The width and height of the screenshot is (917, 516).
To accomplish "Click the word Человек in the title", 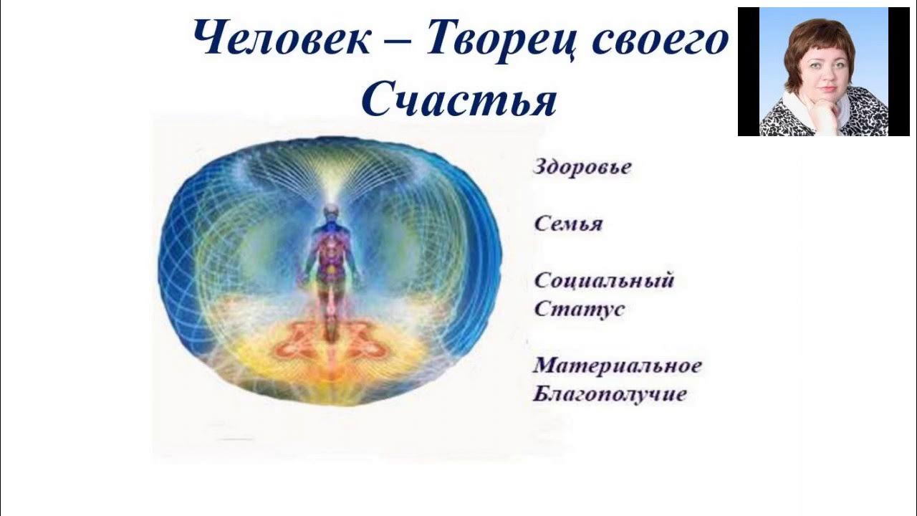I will [x=282, y=40].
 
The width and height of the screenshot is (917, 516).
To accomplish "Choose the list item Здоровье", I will [x=582, y=168].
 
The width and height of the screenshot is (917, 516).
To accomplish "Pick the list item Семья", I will [x=568, y=224].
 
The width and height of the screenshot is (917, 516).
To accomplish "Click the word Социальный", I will [x=604, y=280].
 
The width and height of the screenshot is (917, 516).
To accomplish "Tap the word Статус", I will [x=579, y=310].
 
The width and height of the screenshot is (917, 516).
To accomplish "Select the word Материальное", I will [x=617, y=365].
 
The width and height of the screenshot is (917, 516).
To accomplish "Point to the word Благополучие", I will [x=610, y=394].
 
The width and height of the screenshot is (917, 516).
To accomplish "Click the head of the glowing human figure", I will [x=330, y=212].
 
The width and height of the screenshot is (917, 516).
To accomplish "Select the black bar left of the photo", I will [x=748, y=72].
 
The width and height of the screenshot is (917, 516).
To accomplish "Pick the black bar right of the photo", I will [x=898, y=72].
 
